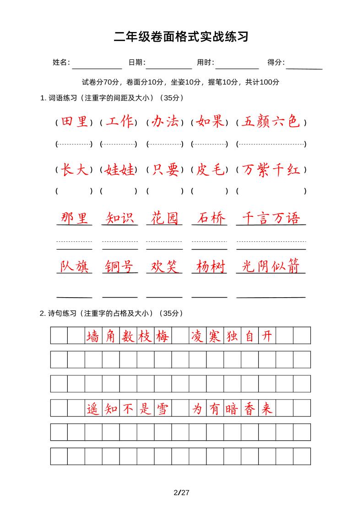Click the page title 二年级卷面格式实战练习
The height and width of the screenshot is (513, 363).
[x=181, y=37]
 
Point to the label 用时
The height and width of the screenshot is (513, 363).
[x=205, y=63]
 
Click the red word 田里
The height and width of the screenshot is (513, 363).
[x=74, y=122]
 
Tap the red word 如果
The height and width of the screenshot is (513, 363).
[x=209, y=122]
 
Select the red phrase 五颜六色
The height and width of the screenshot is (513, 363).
[x=271, y=122]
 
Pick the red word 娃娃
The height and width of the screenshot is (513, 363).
[x=119, y=170]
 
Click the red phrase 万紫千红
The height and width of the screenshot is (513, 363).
[x=271, y=170]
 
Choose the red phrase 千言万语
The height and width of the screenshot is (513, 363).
[x=271, y=218]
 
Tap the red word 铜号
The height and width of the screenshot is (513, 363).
[x=119, y=267]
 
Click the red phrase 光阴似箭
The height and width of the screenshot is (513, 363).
[x=271, y=267]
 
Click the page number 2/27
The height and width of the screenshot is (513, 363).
[x=182, y=492]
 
